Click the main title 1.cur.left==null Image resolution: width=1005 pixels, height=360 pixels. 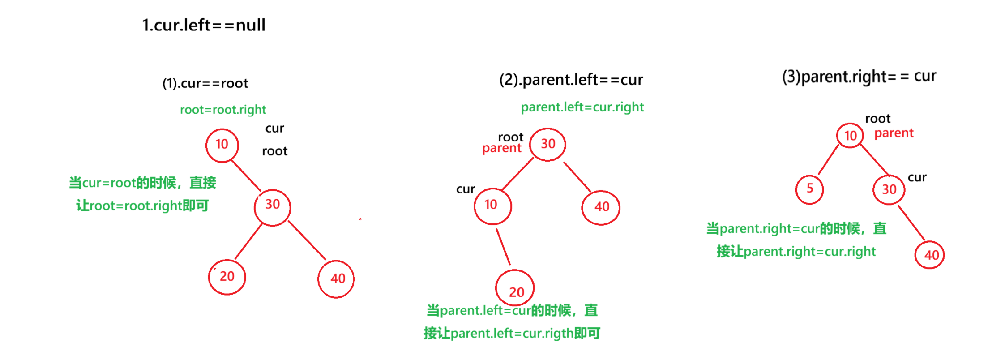[204, 25]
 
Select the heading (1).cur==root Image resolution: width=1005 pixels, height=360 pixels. [205, 83]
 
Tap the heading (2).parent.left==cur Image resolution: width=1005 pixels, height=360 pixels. [571, 80]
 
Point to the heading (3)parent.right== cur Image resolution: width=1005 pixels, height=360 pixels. [859, 77]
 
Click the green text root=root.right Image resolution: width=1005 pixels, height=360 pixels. [223, 110]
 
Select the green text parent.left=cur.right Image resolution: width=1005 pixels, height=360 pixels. [582, 107]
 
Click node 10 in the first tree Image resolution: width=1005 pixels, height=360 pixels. [222, 145]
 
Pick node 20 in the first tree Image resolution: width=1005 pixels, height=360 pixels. [227, 277]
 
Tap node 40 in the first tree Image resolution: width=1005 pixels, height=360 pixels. [336, 279]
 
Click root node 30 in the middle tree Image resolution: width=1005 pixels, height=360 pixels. [547, 144]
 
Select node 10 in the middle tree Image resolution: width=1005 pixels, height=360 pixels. [492, 205]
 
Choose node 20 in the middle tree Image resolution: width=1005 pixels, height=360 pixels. [515, 288]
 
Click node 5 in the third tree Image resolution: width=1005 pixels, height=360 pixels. [809, 189]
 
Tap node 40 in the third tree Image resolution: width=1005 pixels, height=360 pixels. [930, 255]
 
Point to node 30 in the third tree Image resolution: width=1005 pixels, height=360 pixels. [889, 189]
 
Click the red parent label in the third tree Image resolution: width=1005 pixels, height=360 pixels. [894, 133]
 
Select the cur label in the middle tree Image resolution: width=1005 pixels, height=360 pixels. [466, 189]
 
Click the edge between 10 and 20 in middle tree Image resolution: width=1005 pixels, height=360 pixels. [503, 247]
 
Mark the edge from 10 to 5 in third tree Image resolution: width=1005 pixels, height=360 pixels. [828, 160]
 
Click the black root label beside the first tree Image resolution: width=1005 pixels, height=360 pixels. [274, 151]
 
